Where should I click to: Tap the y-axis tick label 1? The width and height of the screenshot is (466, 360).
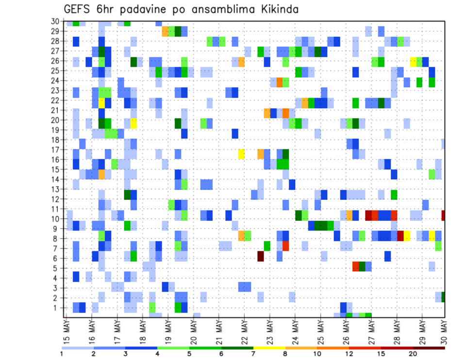57,307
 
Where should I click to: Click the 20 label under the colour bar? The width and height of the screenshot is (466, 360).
413,354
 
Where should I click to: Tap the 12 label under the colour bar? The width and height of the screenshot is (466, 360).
349,354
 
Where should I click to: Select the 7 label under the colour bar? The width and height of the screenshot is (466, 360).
253,354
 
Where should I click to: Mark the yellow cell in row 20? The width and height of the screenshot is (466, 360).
133,123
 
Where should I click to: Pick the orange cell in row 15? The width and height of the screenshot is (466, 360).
102,174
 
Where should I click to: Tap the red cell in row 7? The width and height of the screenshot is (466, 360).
286,246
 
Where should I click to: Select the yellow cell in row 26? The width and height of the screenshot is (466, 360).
413,62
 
